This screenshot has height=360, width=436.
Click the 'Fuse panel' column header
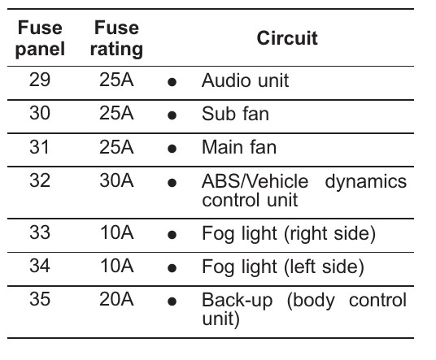pos(40,39)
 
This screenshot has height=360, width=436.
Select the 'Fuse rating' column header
pos(116,39)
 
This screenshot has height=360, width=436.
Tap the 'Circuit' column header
pos(287,38)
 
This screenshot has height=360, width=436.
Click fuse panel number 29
pos(40,80)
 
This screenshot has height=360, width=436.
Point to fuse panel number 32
pos(40,180)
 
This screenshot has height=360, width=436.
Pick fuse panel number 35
pos(40,299)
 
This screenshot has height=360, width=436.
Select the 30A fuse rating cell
pos(116,180)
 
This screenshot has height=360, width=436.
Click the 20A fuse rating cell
pos(116,299)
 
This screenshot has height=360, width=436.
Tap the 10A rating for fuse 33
pos(117,232)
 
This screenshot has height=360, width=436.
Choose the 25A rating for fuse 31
pos(116,147)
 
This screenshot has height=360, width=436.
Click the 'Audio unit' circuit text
pos(246,80)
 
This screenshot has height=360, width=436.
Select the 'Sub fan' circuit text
pos(235,114)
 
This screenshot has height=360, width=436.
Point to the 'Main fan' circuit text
pos(239,147)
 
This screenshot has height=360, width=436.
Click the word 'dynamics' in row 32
pos(366,183)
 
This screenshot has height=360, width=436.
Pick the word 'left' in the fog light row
pos(303,267)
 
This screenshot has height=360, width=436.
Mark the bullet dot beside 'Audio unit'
pos(172,82)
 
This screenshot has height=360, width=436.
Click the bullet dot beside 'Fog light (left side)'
pos(172,268)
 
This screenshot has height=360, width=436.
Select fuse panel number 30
pos(40,113)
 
